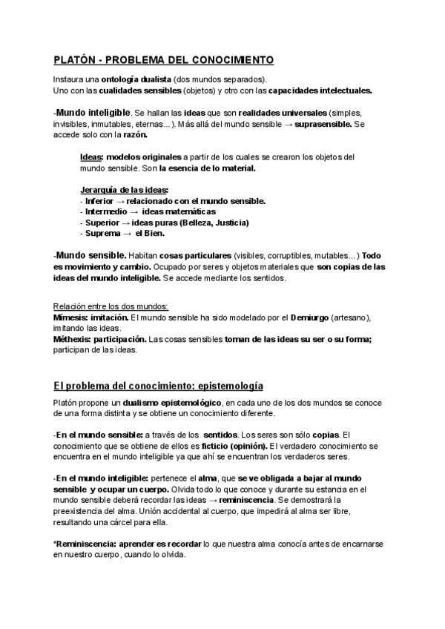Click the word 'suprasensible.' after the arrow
[x=323, y=125]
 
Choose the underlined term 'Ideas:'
[x=91, y=157]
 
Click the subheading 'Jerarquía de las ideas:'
[x=124, y=191]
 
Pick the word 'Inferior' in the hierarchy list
[x=100, y=201]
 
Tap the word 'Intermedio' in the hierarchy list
[x=105, y=212]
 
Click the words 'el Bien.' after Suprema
[x=150, y=234]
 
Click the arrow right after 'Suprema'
[x=127, y=234]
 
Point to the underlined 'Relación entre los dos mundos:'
[x=111, y=306]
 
